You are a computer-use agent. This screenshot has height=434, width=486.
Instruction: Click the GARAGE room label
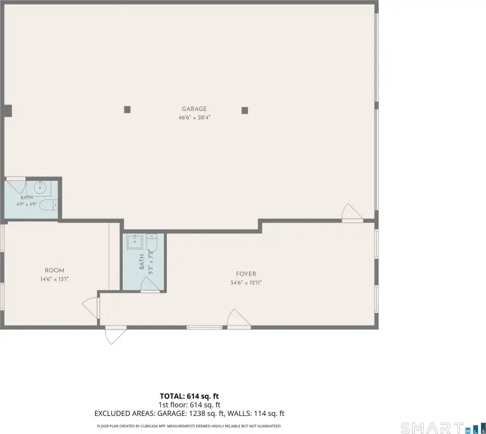pyautogui.click(x=194, y=109)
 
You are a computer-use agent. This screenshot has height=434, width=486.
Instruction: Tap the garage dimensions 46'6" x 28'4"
pyautogui.click(x=194, y=118)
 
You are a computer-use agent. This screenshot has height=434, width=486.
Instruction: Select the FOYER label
pyautogui.click(x=246, y=274)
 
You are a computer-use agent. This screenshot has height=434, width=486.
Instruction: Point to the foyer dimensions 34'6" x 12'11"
pyautogui.click(x=246, y=283)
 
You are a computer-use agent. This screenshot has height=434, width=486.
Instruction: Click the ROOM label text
pyautogui.click(x=54, y=270)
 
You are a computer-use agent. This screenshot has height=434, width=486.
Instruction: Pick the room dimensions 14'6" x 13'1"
pyautogui.click(x=54, y=279)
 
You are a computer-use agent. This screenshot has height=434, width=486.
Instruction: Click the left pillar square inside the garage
pyautogui.click(x=127, y=109)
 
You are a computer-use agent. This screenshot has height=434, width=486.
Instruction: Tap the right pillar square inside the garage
pyautogui.click(x=244, y=111)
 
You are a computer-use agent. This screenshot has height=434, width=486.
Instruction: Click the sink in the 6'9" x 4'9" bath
pyautogui.click(x=40, y=187)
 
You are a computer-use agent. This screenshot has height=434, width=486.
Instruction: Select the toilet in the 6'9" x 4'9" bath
pyautogui.click(x=49, y=205)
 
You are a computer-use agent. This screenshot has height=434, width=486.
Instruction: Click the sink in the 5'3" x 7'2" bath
pyautogui.click(x=135, y=241)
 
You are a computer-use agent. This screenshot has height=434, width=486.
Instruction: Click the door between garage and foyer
pyautogui.click(x=352, y=213)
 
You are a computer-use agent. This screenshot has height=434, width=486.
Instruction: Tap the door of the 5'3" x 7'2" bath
pyautogui.click(x=150, y=285)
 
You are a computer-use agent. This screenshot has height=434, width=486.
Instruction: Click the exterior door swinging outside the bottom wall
pyautogui.click(x=115, y=335)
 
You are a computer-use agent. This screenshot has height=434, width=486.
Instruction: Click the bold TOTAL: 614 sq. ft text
pyautogui.click(x=189, y=396)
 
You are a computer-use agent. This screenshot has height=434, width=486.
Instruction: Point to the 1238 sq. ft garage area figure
pyautogui.click(x=207, y=413)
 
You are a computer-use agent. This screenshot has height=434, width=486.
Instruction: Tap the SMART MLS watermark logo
pyautogui.click(x=443, y=428)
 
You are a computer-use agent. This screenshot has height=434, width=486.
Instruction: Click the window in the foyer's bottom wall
pyautogui.click(x=204, y=327)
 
